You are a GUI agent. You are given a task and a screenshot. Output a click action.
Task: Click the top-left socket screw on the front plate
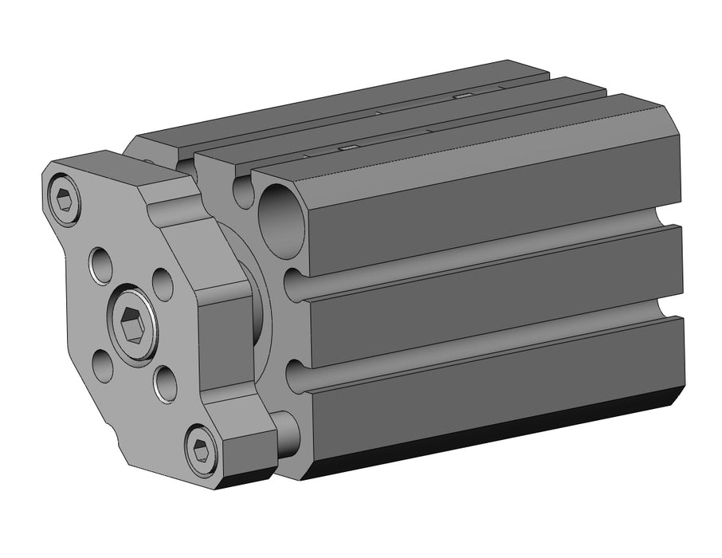coord(66,199)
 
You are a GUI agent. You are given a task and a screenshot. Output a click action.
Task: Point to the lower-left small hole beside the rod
coord(102,365)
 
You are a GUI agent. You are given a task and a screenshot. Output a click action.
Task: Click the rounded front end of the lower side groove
coord(295,375)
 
